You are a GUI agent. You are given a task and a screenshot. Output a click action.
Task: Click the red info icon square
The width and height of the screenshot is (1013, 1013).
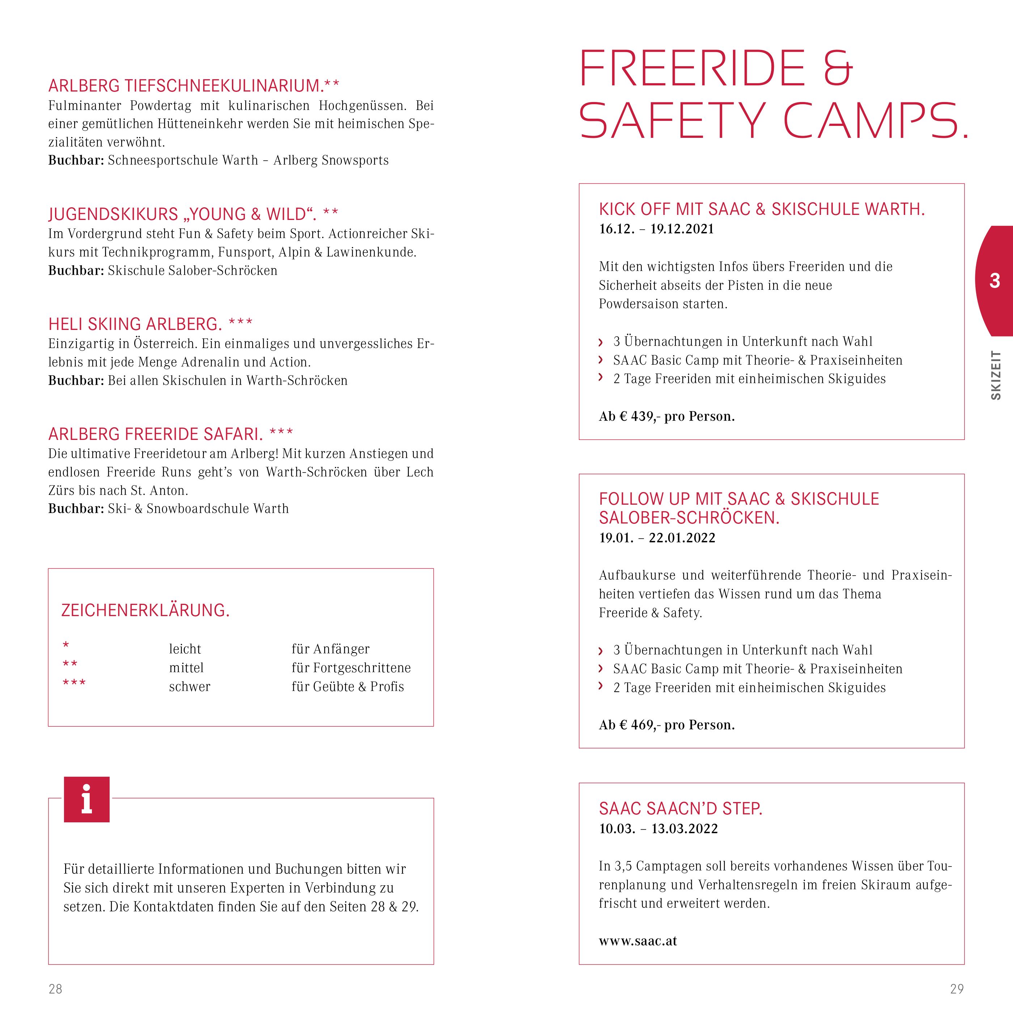[86, 799]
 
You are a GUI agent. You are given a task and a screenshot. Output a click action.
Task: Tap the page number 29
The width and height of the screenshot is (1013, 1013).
[957, 989]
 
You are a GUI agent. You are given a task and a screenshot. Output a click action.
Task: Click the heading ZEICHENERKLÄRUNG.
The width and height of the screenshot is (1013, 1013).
[145, 610]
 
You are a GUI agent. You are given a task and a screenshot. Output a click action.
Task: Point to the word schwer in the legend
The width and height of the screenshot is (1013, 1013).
[189, 687]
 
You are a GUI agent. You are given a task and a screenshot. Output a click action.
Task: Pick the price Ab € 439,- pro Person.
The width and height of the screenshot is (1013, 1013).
[666, 416]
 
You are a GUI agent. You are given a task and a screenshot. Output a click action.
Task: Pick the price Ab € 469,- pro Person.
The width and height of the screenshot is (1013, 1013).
[666, 725]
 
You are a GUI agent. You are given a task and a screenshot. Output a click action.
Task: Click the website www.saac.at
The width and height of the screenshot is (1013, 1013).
[637, 941]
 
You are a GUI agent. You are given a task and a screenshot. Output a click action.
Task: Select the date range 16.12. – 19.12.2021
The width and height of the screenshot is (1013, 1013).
[656, 229]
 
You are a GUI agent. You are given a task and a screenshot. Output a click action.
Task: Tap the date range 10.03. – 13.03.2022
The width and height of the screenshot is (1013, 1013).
[658, 829]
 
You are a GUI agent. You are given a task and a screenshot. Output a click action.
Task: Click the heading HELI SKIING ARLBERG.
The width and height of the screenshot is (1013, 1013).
[135, 324]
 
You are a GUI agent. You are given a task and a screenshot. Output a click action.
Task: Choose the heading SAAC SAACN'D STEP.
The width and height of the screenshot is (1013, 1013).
[681, 809]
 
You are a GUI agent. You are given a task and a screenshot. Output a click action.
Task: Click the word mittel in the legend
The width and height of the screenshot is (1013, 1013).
[186, 668]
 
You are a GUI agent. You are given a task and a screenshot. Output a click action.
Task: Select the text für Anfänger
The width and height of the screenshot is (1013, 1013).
[330, 649]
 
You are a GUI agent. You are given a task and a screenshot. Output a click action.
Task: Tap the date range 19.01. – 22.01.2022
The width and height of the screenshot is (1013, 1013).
[657, 538]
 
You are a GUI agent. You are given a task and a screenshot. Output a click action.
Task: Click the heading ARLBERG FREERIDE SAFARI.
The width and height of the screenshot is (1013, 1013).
[155, 434]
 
